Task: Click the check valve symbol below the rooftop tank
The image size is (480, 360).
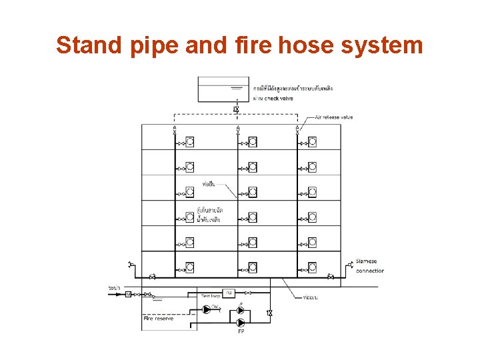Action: coord(236,109)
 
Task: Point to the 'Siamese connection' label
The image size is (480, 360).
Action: coord(370,266)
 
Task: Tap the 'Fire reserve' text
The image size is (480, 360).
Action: coord(159,319)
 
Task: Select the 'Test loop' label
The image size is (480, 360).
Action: coord(211,295)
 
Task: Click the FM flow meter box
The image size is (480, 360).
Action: coord(229,293)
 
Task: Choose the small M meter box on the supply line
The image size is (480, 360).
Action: coord(129,294)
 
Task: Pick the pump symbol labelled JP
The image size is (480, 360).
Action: coord(241,310)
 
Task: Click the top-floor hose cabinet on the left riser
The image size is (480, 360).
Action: coord(189,141)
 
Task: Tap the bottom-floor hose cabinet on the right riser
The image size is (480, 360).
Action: coord(312,267)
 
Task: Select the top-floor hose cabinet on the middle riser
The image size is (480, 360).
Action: coord(252,141)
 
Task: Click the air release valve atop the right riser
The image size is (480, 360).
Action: coord(297,130)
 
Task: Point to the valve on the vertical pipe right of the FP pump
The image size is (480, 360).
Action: coord(269,313)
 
